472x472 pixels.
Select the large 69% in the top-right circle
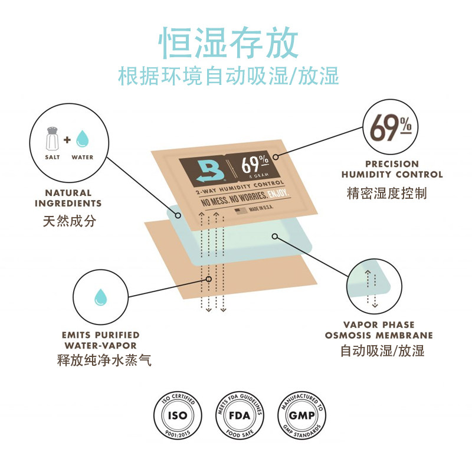pyautogui.click(x=391, y=128)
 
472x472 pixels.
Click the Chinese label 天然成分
pyautogui.click(x=69, y=222)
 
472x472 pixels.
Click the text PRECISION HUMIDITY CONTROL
pyautogui.click(x=392, y=169)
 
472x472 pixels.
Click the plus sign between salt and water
pyautogui.click(x=67, y=140)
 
